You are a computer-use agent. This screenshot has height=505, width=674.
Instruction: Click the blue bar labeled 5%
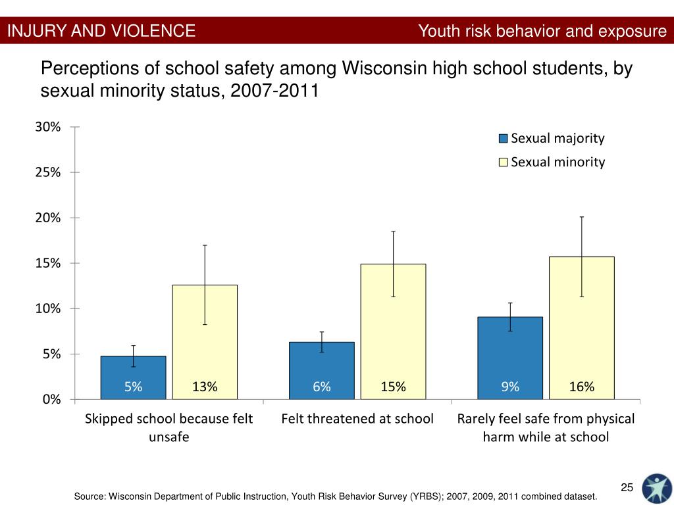pyautogui.click(x=133, y=377)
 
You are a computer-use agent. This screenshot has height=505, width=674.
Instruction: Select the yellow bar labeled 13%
pyautogui.click(x=205, y=342)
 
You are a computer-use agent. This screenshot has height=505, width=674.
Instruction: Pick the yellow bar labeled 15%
pyautogui.click(x=393, y=331)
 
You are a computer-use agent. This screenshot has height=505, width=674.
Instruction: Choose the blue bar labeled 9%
pyautogui.click(x=510, y=358)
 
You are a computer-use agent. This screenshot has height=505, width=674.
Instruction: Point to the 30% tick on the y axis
pyautogui.click(x=49, y=127)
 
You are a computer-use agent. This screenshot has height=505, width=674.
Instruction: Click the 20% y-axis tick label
pyautogui.click(x=49, y=218)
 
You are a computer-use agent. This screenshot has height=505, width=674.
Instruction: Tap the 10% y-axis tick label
pyautogui.click(x=49, y=308)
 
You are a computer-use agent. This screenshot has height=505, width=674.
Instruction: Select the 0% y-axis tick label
pyautogui.click(x=51, y=399)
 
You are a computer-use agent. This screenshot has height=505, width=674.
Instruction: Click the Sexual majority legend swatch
pyautogui.click(x=504, y=139)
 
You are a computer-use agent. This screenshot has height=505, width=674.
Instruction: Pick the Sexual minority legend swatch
pyautogui.click(x=504, y=162)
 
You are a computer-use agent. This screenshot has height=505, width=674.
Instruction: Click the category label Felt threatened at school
pyautogui.click(x=357, y=419)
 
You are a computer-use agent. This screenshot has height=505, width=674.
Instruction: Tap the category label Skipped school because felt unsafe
pyautogui.click(x=168, y=427)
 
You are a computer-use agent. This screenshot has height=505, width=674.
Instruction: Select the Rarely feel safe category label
pyautogui.click(x=546, y=427)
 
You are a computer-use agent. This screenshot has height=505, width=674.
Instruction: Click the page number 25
pyautogui.click(x=627, y=487)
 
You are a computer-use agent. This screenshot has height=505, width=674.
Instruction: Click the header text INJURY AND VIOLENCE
pyautogui.click(x=101, y=31)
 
